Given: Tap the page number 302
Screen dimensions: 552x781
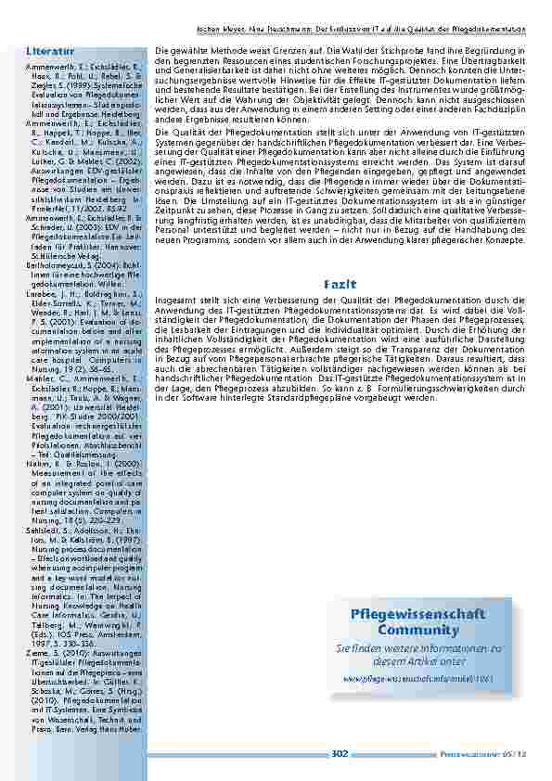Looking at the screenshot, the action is (x=340, y=754).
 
